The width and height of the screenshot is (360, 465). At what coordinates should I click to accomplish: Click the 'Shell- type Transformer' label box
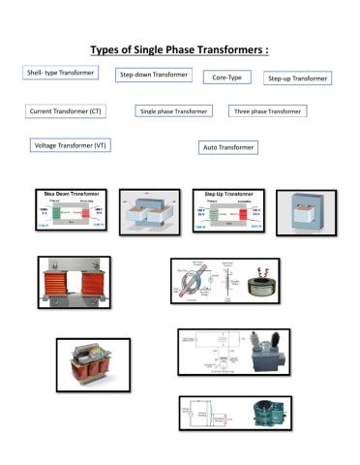(x=60, y=73)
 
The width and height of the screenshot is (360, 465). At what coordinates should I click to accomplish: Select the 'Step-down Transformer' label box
(x=152, y=74)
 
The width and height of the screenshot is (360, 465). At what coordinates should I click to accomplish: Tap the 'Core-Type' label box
(x=225, y=76)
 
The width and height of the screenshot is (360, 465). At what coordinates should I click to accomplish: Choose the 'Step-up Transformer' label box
(x=297, y=77)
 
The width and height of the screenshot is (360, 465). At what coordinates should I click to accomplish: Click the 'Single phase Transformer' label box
(x=174, y=111)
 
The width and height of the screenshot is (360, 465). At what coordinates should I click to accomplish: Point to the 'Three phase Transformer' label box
(x=267, y=111)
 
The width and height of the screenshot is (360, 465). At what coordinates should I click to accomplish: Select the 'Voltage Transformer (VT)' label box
(x=71, y=144)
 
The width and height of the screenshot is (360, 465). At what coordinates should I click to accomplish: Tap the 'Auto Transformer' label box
(x=228, y=147)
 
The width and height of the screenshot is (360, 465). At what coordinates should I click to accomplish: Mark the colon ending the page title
(x=266, y=50)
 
